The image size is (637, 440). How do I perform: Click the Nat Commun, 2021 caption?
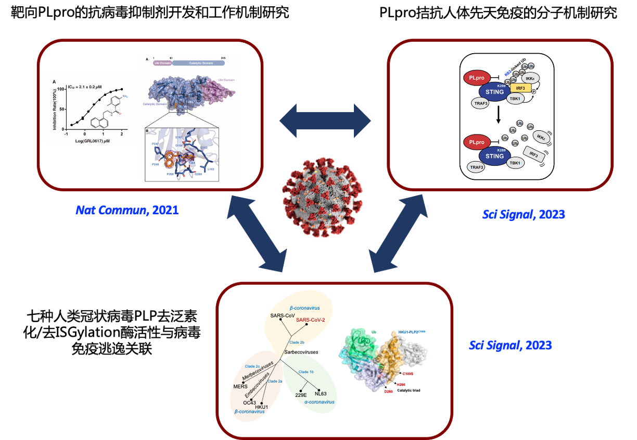[127, 210]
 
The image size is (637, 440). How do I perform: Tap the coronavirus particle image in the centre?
[322, 197]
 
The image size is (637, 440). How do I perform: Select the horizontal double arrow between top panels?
[325, 121]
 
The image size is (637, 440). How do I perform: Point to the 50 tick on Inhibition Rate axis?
[61, 109]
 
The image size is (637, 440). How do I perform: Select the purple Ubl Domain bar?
[162, 63]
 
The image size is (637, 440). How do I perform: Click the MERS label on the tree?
[240, 386]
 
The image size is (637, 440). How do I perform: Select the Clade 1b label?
[307, 372]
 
